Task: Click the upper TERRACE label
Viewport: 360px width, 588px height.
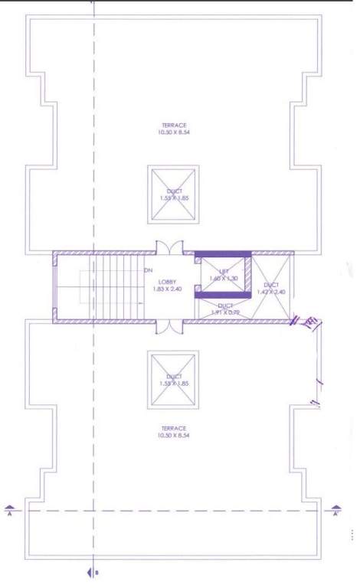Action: click(x=174, y=125)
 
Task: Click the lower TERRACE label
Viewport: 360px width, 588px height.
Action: click(x=174, y=428)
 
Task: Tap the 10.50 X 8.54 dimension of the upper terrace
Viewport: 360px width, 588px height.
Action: click(x=174, y=132)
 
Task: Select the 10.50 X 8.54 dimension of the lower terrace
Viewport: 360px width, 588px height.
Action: click(x=174, y=436)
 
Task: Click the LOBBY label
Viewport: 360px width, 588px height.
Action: click(x=157, y=282)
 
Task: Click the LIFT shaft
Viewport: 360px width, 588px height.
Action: click(x=224, y=275)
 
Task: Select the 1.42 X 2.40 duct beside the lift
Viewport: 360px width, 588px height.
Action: click(x=271, y=288)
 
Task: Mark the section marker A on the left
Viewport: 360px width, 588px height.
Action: click(x=9, y=510)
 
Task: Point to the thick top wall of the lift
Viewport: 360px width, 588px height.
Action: click(x=223, y=254)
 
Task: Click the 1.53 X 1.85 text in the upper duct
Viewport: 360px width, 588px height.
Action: click(x=173, y=198)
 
